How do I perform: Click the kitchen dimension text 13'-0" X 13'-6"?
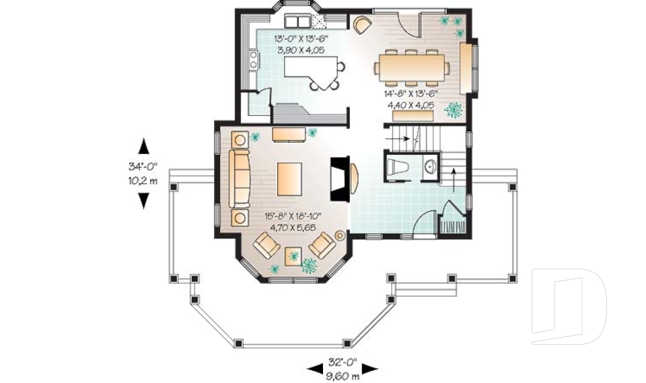pyautogui.click(x=301, y=38)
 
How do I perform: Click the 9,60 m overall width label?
pyautogui.click(x=343, y=376)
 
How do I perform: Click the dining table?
pyautogui.click(x=411, y=66)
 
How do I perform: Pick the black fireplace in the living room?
pyautogui.click(x=338, y=178)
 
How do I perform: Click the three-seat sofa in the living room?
pyautogui.click(x=240, y=178)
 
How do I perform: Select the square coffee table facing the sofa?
pyautogui.click(x=289, y=178)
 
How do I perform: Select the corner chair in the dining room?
pyautogui.click(x=362, y=25)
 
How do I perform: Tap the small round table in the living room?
pyautogui.click(x=340, y=236)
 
